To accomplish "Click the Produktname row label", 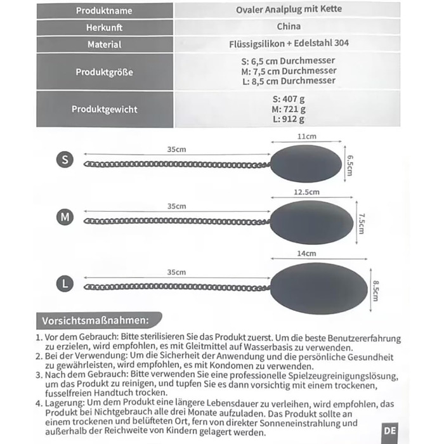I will tap(104, 11).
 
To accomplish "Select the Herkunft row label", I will tap(104, 28).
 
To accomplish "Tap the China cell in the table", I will tap(289, 27).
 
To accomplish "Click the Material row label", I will tap(104, 45).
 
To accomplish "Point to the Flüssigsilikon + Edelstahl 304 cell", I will tap(289, 44).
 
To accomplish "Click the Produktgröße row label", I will tap(104, 72).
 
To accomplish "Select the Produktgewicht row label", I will tap(104, 109).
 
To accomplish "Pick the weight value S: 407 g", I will tap(289, 100).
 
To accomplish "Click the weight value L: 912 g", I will tap(289, 119).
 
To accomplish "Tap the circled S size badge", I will tap(65, 159).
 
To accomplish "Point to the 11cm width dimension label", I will tap(307, 137).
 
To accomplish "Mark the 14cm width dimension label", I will tap(306, 253).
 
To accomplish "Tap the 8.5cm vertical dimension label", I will tap(375, 291).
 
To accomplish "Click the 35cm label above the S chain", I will tap(176, 150).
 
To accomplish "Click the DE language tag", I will tap(390, 430).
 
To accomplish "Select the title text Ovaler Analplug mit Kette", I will tap(289, 10).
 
